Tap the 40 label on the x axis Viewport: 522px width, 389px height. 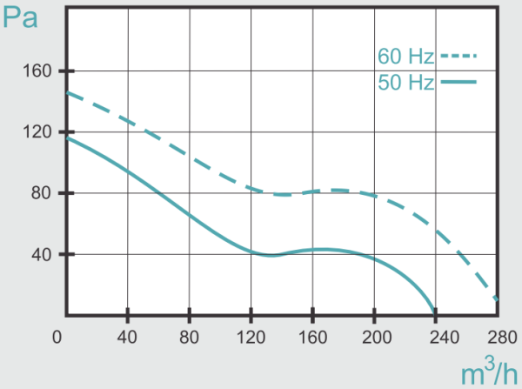[x=127, y=337]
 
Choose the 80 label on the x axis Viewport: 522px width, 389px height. [x=189, y=337]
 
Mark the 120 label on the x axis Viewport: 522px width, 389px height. [x=251, y=337]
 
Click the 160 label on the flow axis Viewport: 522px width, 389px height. [x=312, y=337]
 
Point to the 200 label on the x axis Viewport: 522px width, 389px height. [x=374, y=337]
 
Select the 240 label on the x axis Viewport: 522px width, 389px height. [x=436, y=337]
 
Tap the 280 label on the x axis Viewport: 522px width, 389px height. [x=498, y=337]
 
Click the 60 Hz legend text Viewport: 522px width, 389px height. [x=405, y=57]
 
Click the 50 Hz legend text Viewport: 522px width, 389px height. [x=405, y=84]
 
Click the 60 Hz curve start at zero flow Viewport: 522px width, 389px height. [x=67, y=92]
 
